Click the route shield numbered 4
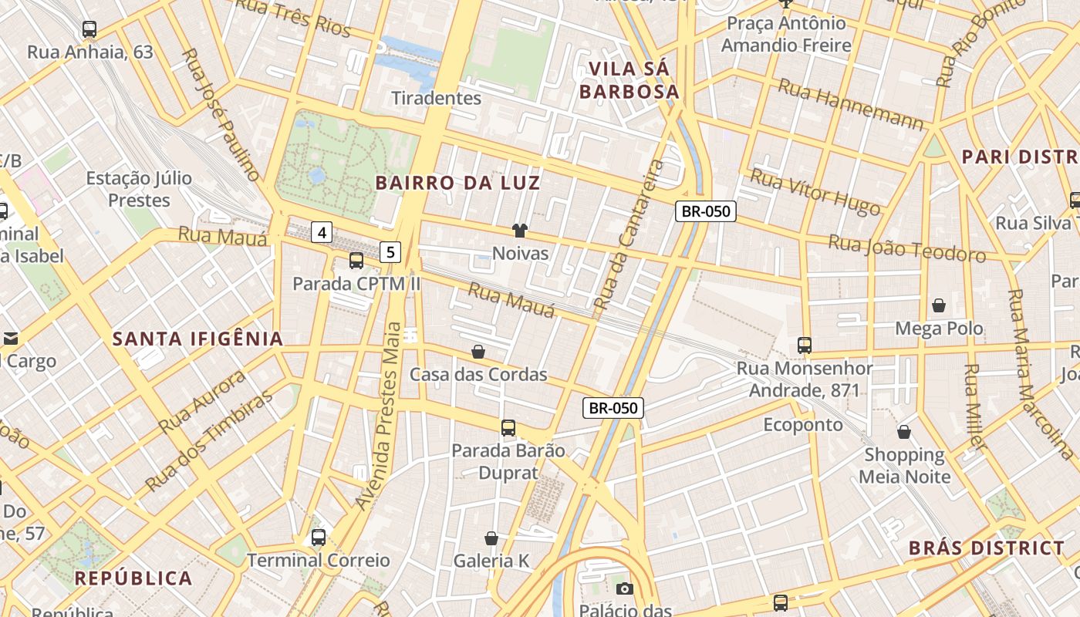[x=322, y=231]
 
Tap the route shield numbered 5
[x=390, y=251]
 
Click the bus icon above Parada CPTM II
[x=356, y=261]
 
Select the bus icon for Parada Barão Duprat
[x=508, y=428]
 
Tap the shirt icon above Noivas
[x=520, y=231]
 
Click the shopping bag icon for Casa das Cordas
[x=478, y=352]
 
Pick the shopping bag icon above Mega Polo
[x=939, y=306]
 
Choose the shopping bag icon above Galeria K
[x=491, y=538]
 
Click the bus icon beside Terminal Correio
[x=318, y=538]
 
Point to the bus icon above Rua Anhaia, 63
[x=89, y=30]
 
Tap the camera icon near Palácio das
[x=625, y=589]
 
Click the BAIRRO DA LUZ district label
[x=458, y=183]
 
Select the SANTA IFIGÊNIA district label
[x=198, y=339]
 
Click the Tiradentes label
[x=437, y=98]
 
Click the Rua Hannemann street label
[x=850, y=105]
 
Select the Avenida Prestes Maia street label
[x=385, y=416]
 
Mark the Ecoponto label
[x=803, y=425]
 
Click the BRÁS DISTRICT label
[x=986, y=548]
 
